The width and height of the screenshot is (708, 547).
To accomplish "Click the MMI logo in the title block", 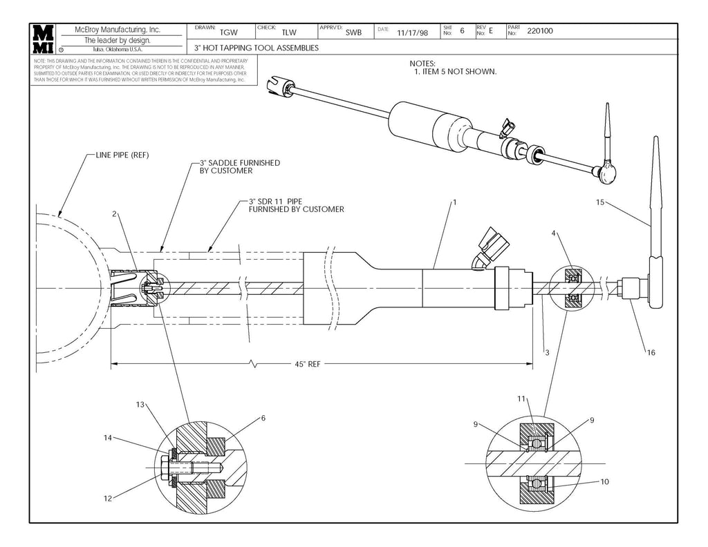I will pos(43,39).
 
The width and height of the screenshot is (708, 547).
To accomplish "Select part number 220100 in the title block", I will pos(540,31).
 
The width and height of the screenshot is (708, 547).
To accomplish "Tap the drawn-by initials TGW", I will pos(228,32).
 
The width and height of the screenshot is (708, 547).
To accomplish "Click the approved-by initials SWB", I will pos(353,32).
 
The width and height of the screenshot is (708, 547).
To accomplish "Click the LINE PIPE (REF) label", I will pos(121,155).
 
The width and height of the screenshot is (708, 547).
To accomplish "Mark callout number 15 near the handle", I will pos(600,202).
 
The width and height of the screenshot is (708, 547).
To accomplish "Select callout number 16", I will pos(651,353).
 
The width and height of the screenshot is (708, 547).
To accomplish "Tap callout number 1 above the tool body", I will pos(455,203).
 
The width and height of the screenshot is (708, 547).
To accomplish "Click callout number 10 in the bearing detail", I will pos(605,481).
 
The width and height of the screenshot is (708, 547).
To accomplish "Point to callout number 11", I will pos(521,399).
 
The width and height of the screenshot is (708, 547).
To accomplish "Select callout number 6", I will pos(263,418).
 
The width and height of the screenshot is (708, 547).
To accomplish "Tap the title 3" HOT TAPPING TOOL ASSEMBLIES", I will pos(256,48).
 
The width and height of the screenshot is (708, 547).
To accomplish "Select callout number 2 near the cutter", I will pos(114,214).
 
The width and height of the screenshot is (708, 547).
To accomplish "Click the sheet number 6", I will pos(462,31).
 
